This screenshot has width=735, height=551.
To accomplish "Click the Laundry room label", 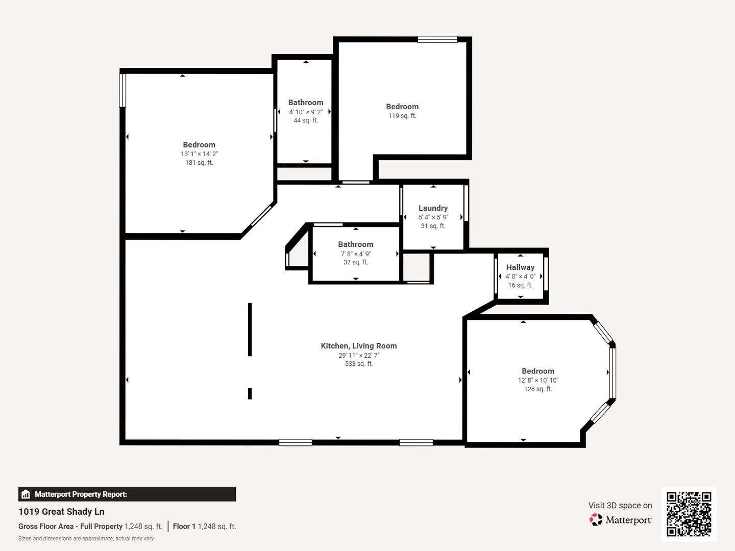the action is [433, 208].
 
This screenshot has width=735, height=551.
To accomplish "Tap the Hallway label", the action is [520, 267].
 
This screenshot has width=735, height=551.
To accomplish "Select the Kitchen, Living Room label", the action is [359, 346].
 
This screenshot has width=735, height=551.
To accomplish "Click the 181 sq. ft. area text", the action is [199, 163].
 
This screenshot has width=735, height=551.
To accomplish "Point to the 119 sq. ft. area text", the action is [402, 116].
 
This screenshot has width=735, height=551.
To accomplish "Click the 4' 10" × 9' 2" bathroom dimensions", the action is [306, 112].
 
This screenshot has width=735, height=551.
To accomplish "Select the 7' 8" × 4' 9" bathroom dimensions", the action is [356, 254].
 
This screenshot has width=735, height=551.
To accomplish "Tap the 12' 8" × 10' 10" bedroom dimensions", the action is [538, 380].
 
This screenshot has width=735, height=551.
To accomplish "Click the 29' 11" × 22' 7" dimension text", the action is [359, 355].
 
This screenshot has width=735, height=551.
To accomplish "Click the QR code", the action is [689, 514].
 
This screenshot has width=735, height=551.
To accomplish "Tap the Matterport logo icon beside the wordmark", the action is [596, 519].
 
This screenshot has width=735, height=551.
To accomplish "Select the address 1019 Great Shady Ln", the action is [61, 512].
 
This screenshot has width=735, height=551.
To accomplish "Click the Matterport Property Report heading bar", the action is [127, 494].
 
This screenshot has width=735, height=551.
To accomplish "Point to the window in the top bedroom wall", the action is [437, 39].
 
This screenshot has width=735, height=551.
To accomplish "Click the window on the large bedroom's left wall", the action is [122, 90].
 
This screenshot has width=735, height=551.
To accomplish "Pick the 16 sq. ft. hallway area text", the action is [520, 285].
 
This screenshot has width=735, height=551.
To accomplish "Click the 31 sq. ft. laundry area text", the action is [433, 226].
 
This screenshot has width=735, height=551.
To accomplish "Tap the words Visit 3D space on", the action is [620, 506].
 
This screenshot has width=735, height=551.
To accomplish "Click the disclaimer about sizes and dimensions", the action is [86, 539].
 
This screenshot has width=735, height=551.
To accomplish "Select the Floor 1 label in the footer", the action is [184, 526].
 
